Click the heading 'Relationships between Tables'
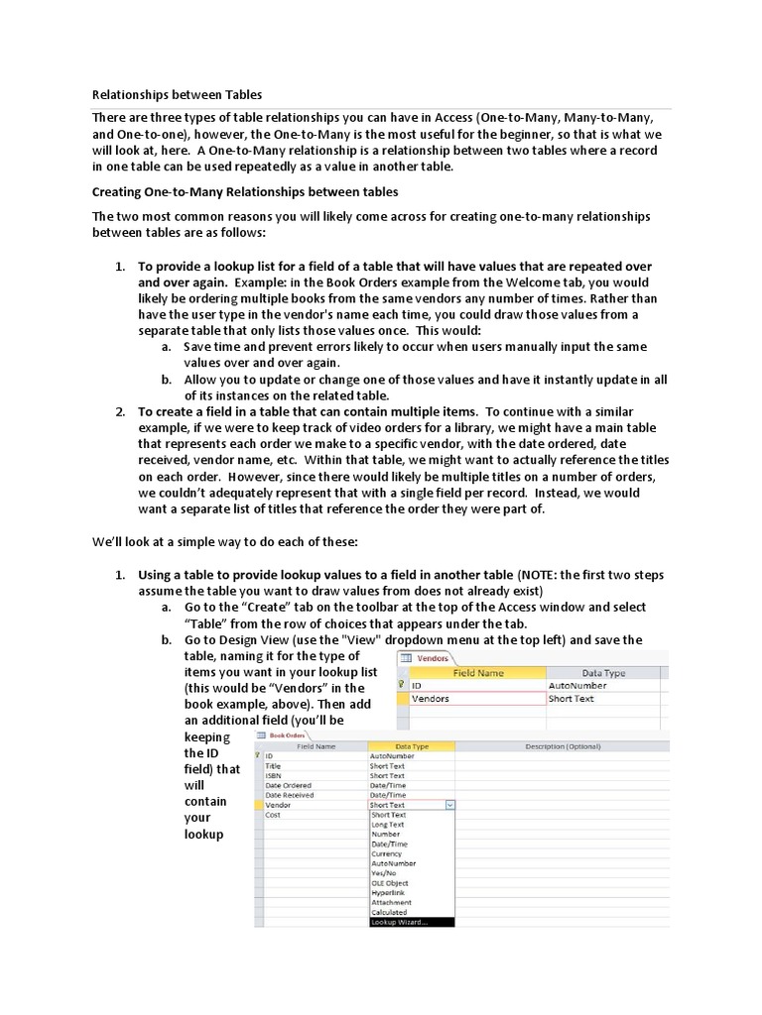[x=177, y=95]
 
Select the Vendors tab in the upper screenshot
[x=428, y=657]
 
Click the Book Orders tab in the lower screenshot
[x=283, y=734]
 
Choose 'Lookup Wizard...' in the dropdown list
[x=400, y=922]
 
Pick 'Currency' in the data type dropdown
[x=387, y=853]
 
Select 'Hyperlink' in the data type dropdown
[x=388, y=892]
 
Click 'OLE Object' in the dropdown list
[x=389, y=882]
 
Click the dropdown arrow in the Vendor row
[x=450, y=805]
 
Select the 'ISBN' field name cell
[x=274, y=775]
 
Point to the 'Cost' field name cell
[x=274, y=815]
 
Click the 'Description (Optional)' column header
[x=563, y=745]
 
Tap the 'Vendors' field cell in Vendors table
[x=431, y=699]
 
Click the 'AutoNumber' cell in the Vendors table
[x=576, y=684]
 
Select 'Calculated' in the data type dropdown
[x=389, y=912]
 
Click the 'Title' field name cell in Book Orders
[x=274, y=765]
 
